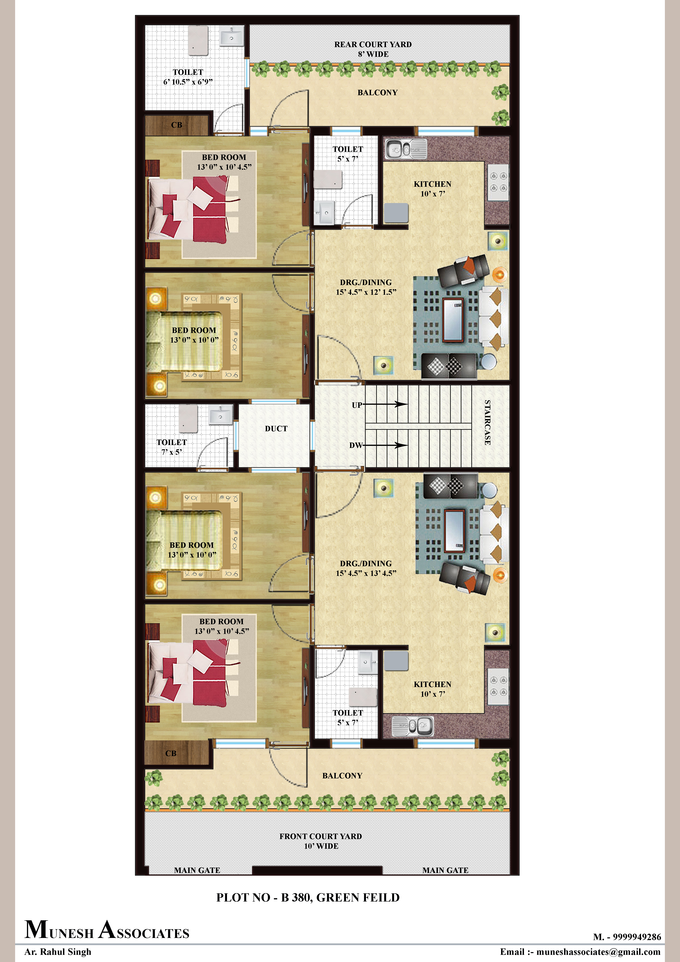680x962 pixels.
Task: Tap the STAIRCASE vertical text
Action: pyautogui.click(x=487, y=422)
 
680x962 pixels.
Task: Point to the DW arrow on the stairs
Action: pyautogui.click(x=385, y=445)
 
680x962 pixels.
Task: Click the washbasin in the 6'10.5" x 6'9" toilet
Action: pyautogui.click(x=232, y=36)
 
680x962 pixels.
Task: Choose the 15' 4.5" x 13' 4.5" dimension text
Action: pyautogui.click(x=366, y=573)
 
